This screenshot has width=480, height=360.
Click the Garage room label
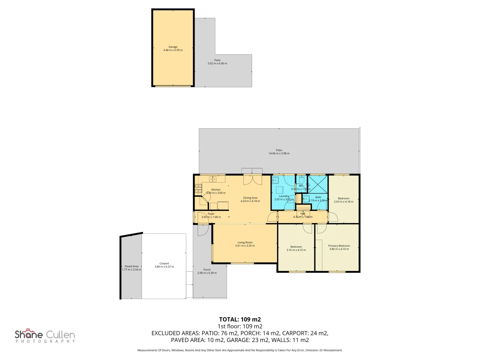click(173, 47)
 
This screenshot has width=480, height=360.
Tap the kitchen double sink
click(213, 179)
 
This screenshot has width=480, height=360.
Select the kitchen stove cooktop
click(198, 189)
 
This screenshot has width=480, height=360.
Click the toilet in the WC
click(301, 179)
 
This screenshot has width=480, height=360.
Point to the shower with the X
click(318, 184)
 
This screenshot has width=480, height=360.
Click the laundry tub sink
click(275, 181)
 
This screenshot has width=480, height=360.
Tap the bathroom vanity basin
click(306, 199)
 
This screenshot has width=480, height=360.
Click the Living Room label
click(245, 243)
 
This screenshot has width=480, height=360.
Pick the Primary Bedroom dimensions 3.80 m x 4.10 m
click(339, 249)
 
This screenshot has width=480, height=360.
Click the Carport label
click(164, 263)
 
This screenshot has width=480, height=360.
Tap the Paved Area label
click(131, 266)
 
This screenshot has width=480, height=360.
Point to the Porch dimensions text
click(207, 273)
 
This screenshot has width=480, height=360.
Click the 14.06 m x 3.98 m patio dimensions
click(279, 154)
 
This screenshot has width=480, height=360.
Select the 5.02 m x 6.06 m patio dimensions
click(217, 63)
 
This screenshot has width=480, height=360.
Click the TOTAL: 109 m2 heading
click(240, 319)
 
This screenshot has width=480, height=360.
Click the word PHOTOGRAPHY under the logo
click(45, 341)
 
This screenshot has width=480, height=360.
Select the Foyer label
click(211, 214)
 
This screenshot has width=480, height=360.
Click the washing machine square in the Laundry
click(279, 190)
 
